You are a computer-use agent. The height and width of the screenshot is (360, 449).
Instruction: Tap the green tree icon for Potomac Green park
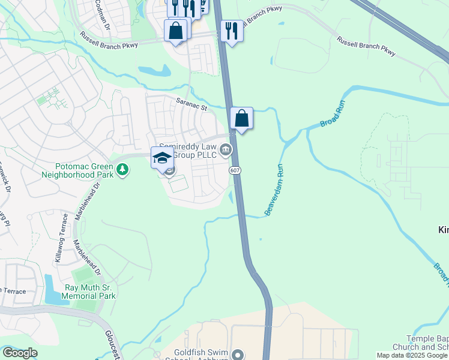tap(122, 170)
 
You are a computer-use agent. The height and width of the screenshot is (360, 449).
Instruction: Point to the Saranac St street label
tap(191, 105)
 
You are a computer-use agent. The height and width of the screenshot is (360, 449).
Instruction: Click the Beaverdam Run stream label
tap(274, 189)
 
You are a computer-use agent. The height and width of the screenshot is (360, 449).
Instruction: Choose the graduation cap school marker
tap(162, 157)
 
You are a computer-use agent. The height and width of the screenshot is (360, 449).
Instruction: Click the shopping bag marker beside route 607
tap(241, 118)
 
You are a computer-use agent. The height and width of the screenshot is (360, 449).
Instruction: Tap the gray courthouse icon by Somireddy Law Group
tap(226, 149)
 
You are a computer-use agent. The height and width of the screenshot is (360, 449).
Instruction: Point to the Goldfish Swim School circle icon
tap(238, 355)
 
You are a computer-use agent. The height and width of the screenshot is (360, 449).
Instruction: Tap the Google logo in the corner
tap(19, 353)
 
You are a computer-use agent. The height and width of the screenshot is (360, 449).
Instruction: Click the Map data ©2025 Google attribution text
tap(412, 355)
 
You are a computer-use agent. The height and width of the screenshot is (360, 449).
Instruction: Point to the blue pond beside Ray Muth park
tap(53, 289)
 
